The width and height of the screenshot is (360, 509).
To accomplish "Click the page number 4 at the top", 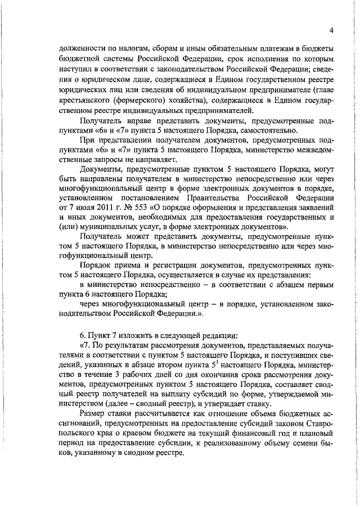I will pos(332,30).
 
